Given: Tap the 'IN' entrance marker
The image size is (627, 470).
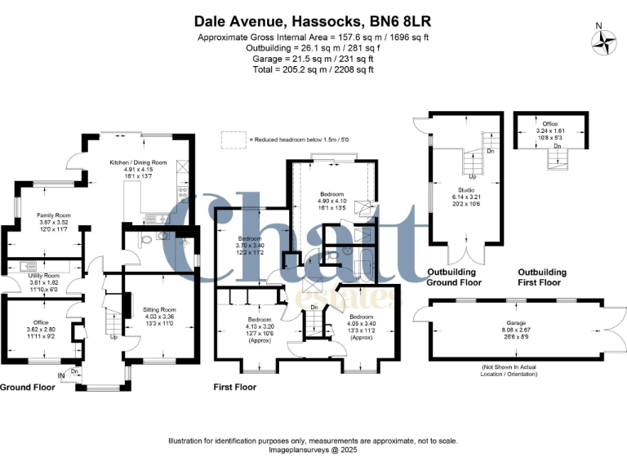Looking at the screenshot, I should click(x=61, y=375).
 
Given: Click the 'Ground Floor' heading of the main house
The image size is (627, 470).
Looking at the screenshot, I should click(x=28, y=387).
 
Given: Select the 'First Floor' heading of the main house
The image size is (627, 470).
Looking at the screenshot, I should click(x=236, y=387).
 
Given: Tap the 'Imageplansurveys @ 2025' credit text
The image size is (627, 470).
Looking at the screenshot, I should click(x=313, y=450).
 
